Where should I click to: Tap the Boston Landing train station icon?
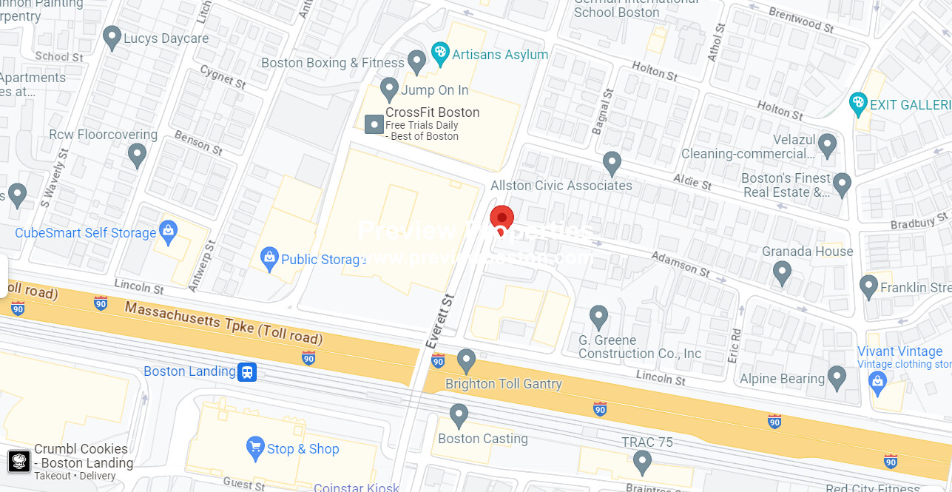click(247, 371)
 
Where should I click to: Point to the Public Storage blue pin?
click(270, 257)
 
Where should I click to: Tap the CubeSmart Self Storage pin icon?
click(168, 231)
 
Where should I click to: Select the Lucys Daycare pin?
click(112, 37)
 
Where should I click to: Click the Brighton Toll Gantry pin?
click(466, 360)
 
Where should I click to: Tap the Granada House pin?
click(782, 273)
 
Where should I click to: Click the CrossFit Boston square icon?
click(375, 124)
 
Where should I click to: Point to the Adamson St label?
click(681, 264)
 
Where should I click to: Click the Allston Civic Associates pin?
click(612, 162)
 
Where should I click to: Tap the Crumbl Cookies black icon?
click(19, 462)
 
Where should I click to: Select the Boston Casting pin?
click(459, 415)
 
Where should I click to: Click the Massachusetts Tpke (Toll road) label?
click(223, 323)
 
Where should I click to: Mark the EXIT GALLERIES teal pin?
click(858, 104)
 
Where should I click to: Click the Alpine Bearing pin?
click(837, 377)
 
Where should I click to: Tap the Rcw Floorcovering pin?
click(137, 155)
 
